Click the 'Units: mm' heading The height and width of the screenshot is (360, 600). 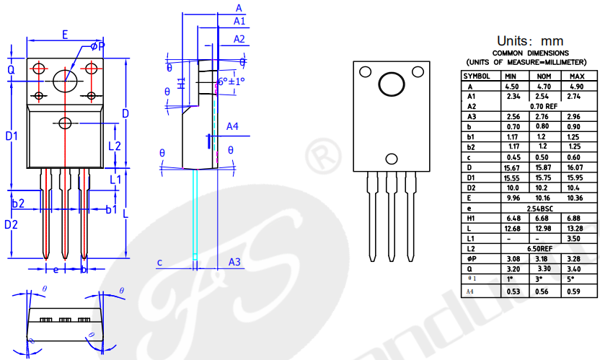[530, 40]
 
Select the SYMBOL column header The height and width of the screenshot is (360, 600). [477, 76]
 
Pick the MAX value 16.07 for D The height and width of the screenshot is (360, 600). [576, 167]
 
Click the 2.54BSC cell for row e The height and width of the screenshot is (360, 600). [544, 208]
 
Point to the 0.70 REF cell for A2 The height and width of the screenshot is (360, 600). [544, 106]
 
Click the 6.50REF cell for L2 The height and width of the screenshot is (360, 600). [544, 248]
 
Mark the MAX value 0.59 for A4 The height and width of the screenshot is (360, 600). [576, 291]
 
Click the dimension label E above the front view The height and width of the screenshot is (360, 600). [65, 34]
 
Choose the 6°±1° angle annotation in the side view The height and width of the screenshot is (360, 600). [231, 81]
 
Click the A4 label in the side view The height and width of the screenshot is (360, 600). [232, 127]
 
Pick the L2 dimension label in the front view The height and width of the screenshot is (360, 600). [114, 146]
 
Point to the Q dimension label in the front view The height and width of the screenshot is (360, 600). [11, 70]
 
